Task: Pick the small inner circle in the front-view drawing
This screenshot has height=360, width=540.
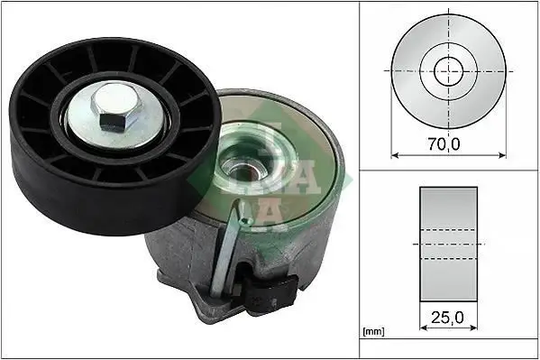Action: pos(448,69)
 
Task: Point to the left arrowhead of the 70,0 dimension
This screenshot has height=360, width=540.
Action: pos(394,153)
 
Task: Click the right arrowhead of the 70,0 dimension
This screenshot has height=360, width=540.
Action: pos(502,153)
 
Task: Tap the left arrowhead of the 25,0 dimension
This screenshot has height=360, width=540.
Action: pos(423,329)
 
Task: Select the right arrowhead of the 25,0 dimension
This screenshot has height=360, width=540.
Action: pos(474,329)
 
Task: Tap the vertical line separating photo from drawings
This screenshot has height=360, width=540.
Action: pos(359,180)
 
